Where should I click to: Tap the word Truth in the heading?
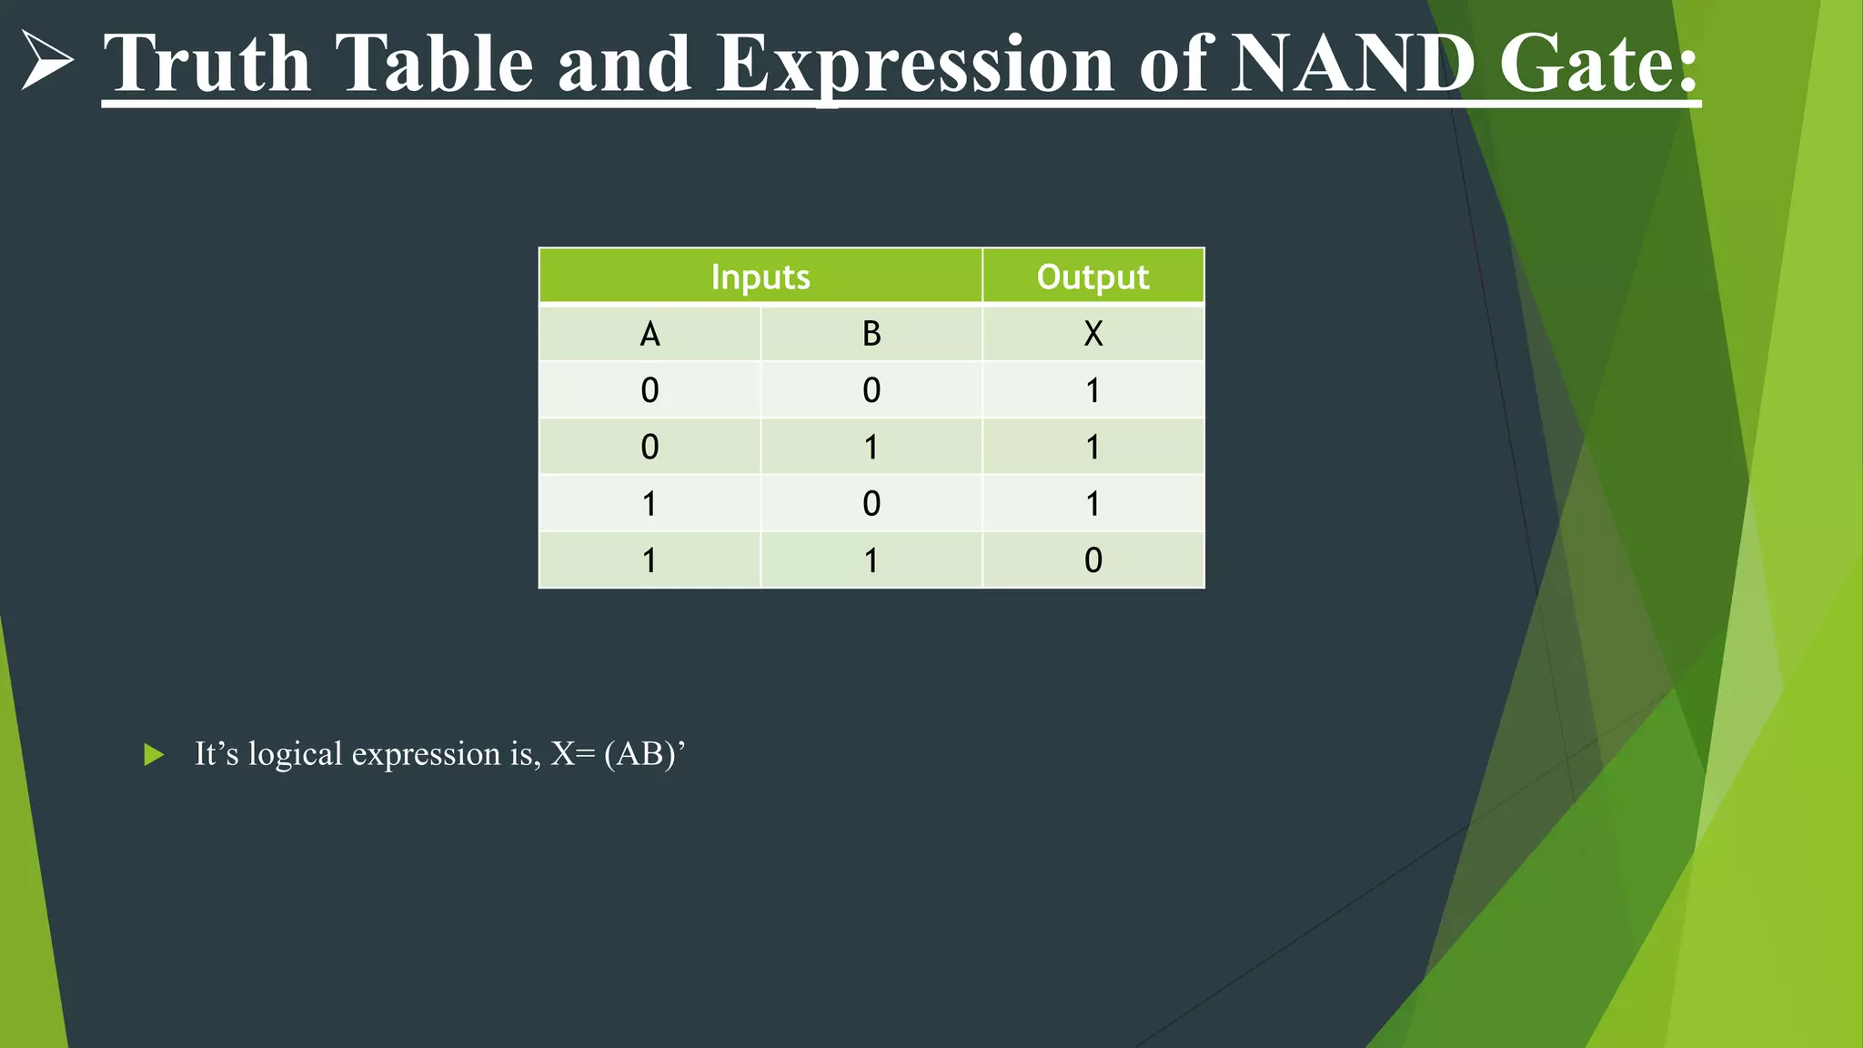pyautogui.click(x=207, y=64)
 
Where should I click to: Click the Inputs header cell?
pyautogui.click(x=760, y=277)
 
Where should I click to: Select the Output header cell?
pyautogui.click(x=1093, y=277)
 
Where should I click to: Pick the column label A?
pyautogui.click(x=650, y=334)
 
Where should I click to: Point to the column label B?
pyautogui.click(x=871, y=334)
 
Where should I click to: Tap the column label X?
pyautogui.click(x=1093, y=334)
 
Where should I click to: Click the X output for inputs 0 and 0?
pyautogui.click(x=1093, y=390)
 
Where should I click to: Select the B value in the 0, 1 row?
pyautogui.click(x=871, y=447)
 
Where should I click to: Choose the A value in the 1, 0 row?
pyautogui.click(x=650, y=503)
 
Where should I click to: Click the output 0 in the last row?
pyautogui.click(x=1093, y=559)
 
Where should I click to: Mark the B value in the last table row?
pyautogui.click(x=871, y=559)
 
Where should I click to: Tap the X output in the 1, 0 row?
pyautogui.click(x=1093, y=503)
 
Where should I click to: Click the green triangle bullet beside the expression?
pyautogui.click(x=155, y=754)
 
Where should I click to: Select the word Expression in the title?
pyautogui.click(x=915, y=64)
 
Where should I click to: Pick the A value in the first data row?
pyautogui.click(x=650, y=390)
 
